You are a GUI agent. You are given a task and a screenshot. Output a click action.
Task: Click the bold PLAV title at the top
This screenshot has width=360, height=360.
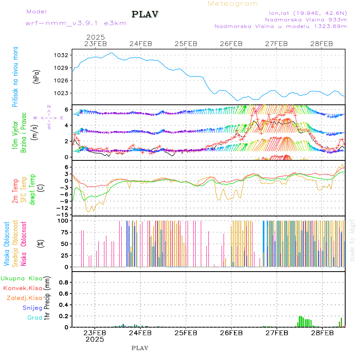[x=146, y=14]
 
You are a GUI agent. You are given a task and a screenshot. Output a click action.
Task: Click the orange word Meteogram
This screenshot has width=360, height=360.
[x=233, y=4]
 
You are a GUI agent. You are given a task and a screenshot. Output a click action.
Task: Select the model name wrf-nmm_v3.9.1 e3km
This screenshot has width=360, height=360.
[x=76, y=23]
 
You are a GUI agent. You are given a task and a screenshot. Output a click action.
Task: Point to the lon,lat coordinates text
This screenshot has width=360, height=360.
[x=308, y=12]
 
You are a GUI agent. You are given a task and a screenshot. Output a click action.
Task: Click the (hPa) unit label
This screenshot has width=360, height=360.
[x=36, y=76]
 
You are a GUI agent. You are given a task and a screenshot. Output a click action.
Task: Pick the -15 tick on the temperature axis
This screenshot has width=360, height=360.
[x=64, y=215]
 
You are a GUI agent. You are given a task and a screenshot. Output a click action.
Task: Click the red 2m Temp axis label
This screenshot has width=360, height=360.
[x=15, y=191]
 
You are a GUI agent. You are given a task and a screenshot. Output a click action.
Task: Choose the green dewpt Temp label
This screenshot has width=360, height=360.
[x=33, y=189]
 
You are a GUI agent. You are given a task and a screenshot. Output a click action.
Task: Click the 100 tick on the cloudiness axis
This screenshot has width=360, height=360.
[x=64, y=220]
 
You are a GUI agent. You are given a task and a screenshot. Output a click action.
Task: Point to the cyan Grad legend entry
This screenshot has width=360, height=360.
[x=34, y=318]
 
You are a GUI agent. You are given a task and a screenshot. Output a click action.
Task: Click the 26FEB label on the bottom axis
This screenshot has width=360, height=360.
[x=231, y=333]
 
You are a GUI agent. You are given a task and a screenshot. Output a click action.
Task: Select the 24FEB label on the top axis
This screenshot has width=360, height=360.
[x=141, y=44]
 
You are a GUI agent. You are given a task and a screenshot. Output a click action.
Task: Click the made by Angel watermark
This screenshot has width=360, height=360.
[x=352, y=240]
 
